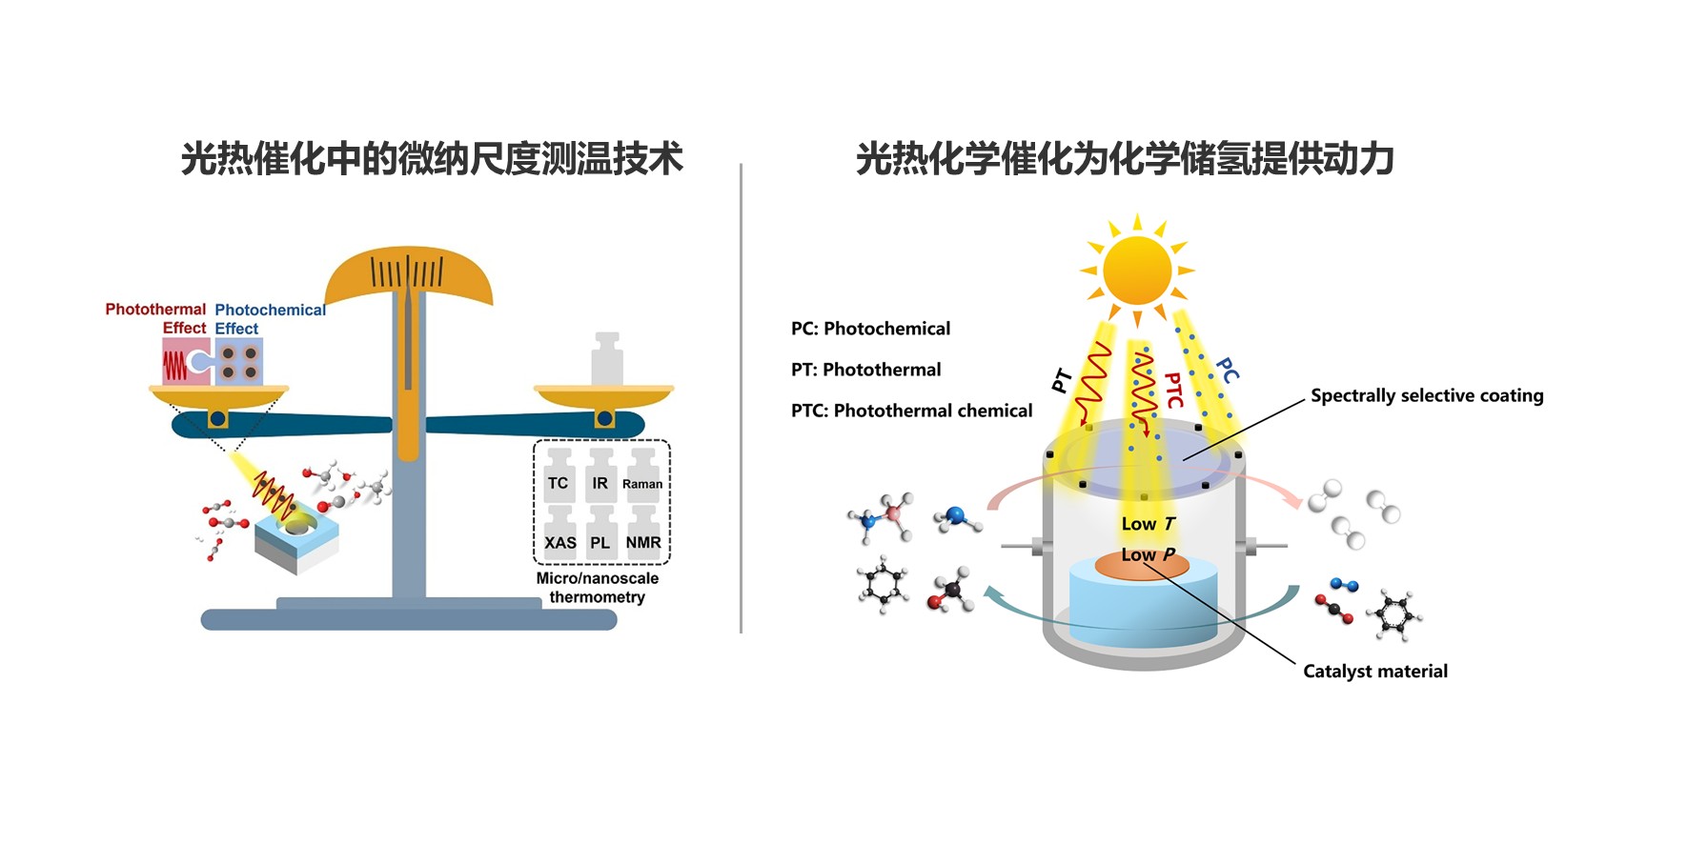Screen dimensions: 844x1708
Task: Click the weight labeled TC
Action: (x=559, y=478)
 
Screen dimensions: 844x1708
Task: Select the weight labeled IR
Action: (x=600, y=478)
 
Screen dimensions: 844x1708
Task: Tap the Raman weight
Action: (x=643, y=478)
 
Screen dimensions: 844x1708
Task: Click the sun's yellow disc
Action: (x=1137, y=271)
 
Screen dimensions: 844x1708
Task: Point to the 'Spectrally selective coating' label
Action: (x=1427, y=395)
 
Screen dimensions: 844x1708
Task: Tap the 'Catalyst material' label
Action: (x=1375, y=671)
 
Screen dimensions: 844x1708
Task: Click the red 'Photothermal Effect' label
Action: (x=156, y=318)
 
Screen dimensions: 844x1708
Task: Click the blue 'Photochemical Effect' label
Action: (x=269, y=319)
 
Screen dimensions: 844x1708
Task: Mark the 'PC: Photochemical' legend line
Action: (x=870, y=329)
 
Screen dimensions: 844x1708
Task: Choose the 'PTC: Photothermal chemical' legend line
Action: (x=911, y=411)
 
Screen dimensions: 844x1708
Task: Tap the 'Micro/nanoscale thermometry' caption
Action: (x=598, y=588)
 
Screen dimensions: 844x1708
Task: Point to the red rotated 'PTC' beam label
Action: (x=1174, y=390)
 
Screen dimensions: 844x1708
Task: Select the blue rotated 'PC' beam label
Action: (x=1228, y=371)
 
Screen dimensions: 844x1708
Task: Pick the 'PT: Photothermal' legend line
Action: (x=865, y=370)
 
